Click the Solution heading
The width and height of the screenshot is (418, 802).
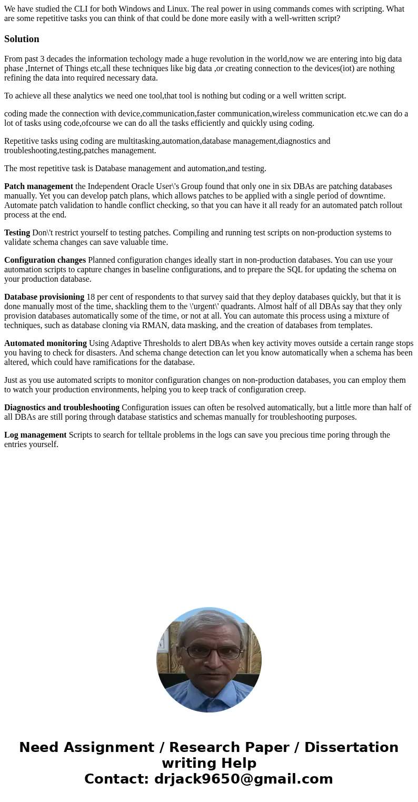22,39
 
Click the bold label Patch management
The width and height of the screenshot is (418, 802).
38,186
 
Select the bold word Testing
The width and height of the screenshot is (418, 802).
17,233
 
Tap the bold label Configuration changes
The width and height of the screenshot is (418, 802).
45,260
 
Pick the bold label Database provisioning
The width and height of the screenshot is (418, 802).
44,297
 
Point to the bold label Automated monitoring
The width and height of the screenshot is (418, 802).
45,343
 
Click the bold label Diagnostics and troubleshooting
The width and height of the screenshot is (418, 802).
62,408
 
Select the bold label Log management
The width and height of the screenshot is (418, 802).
35,435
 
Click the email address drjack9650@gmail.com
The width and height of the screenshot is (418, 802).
243,779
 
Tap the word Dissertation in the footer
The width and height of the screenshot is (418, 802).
351,747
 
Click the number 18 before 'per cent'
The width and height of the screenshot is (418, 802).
91,297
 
